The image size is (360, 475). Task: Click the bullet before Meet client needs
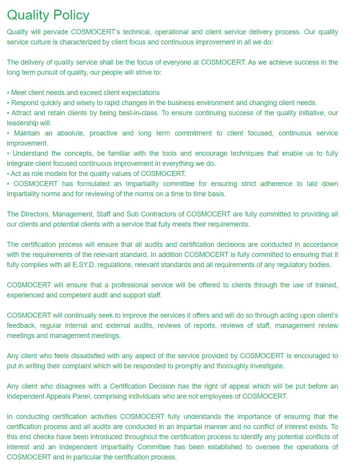point(8,93)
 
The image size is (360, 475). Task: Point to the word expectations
point(140,93)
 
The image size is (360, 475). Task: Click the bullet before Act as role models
point(8,174)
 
